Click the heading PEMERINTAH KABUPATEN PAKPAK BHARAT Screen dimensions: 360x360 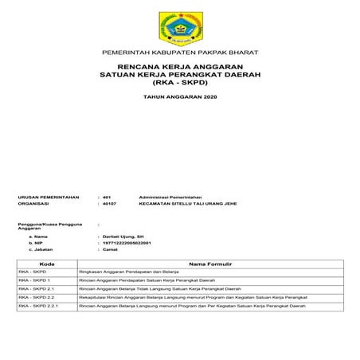coord(179,53)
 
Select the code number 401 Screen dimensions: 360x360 coord(108,195)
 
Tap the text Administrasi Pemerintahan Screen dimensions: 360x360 coord(170,195)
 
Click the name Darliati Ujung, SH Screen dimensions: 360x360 coord(123,237)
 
